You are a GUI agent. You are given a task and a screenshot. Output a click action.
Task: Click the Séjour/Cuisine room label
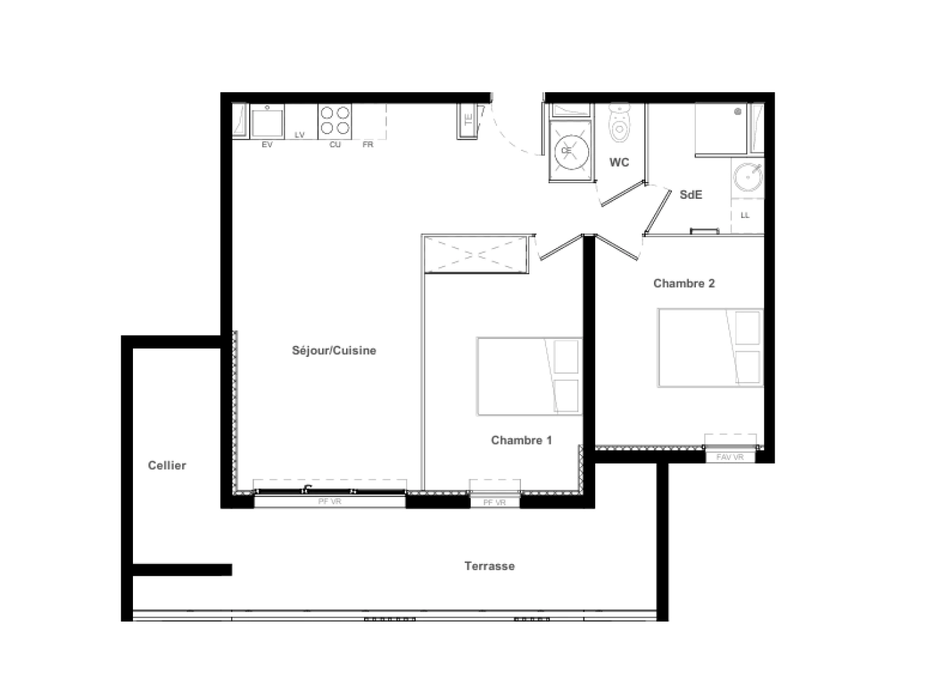tap(334, 350)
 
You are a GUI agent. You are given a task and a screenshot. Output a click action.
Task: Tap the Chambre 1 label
tap(521, 440)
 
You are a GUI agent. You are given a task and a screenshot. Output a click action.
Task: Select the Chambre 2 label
tap(684, 283)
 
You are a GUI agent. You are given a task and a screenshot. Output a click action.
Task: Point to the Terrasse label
tap(489, 566)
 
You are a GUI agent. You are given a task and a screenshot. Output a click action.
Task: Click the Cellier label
tap(167, 465)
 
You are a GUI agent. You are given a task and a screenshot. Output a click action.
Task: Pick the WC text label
tap(618, 163)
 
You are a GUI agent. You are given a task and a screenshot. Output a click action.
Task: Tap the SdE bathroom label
tap(690, 194)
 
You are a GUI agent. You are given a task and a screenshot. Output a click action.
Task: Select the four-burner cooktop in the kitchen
tap(335, 121)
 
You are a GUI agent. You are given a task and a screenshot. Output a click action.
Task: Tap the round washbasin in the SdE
tap(748, 175)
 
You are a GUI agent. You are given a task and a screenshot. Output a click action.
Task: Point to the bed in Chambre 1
tap(529, 376)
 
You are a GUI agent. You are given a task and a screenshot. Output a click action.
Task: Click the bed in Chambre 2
tap(710, 348)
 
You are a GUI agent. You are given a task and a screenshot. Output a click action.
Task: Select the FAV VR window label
tap(729, 457)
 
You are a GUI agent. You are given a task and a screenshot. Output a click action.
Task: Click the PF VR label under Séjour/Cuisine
tap(330, 501)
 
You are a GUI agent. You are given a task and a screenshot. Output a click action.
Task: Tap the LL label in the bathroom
tap(745, 215)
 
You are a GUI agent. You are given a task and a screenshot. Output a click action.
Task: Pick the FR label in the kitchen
tap(367, 145)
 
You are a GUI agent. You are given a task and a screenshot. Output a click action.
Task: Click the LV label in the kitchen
tap(300, 135)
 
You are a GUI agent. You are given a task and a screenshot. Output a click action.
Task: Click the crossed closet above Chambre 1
tap(476, 254)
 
